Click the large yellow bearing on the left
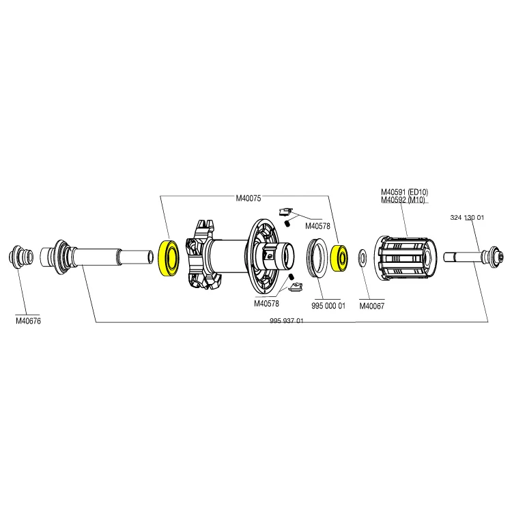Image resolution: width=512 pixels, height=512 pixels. [169, 258]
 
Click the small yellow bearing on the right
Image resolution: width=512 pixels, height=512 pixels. [339, 258]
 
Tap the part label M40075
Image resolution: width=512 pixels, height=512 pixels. [248, 198]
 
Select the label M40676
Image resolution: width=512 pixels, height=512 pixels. [29, 321]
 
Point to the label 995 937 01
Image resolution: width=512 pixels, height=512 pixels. [286, 321]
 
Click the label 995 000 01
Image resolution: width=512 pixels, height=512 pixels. [328, 306]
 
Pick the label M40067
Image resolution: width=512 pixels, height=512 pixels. [372, 306]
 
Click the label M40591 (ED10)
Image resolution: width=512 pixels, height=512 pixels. [405, 192]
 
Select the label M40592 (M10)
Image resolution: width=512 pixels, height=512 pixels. [403, 199]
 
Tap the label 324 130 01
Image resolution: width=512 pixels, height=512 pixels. [467, 218]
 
